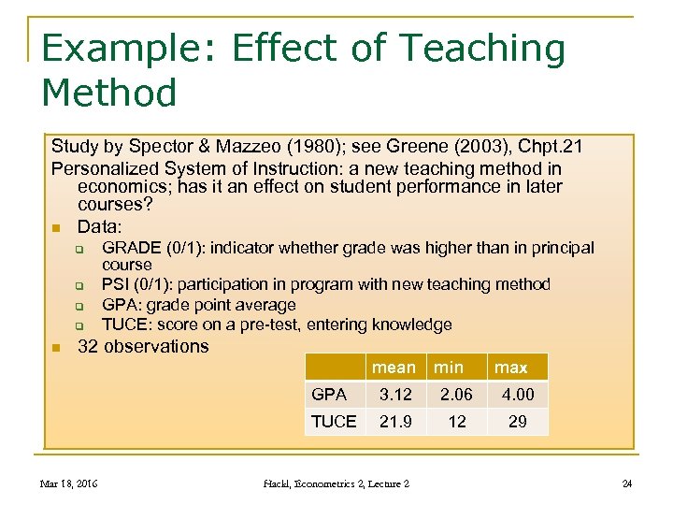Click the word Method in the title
109,93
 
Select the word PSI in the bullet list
115,284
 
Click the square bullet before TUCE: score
80,325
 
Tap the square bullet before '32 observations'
56,347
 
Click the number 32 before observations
89,346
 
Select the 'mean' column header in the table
394,367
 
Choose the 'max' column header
511,367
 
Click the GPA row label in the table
328,395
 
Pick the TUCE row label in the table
334,422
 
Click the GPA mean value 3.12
394,395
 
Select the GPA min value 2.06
457,395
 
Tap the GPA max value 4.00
517,395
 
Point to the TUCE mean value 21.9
394,422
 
